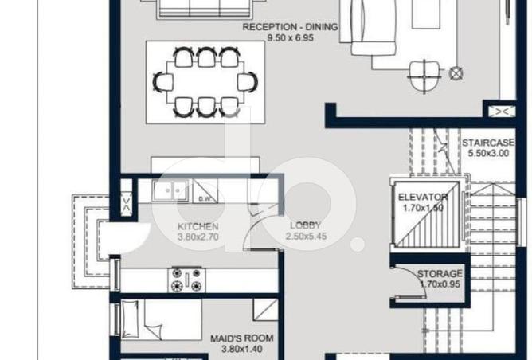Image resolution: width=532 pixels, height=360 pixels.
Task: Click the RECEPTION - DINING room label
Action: (290, 27)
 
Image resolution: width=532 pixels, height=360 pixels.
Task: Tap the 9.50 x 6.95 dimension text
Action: (291, 38)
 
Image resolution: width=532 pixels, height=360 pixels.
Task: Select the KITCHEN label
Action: (198, 226)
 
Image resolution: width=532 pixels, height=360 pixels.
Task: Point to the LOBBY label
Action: (306, 225)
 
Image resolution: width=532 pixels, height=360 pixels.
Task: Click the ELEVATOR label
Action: (423, 198)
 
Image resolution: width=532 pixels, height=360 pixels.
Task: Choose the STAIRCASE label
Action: (488, 143)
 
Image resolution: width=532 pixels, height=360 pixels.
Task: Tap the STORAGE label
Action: (440, 273)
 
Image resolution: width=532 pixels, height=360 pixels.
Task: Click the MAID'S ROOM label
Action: (242, 338)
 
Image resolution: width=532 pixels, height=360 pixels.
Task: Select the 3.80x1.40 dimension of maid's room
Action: (242, 349)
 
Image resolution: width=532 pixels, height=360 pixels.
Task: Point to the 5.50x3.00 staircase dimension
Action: (488, 154)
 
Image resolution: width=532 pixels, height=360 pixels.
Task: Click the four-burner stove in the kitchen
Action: (186, 280)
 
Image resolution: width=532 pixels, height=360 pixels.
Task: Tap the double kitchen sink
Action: (170, 191)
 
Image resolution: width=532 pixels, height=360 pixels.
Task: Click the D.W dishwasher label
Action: (204, 198)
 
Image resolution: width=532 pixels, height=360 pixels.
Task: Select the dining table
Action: (205, 82)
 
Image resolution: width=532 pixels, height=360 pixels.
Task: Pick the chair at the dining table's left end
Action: (162, 82)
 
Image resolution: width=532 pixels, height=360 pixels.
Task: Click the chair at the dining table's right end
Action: (248, 82)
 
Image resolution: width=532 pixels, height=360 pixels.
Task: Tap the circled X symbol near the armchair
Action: (456, 73)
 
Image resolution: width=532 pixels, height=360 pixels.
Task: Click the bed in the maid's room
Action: (161, 319)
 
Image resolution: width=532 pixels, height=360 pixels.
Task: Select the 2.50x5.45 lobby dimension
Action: (306, 237)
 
